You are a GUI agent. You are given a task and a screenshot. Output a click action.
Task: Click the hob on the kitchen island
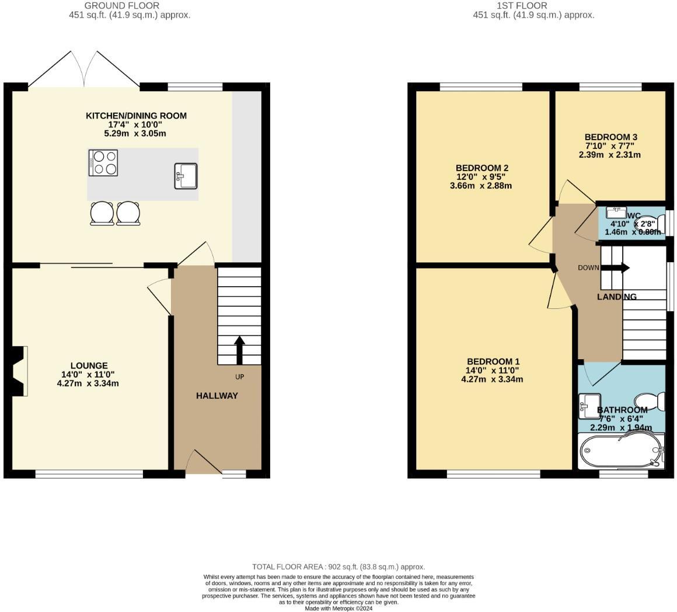[x=103, y=162]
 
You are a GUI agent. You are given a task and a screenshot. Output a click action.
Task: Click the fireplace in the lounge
[x=19, y=371]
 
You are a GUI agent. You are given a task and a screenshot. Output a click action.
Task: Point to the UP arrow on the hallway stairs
[x=239, y=350]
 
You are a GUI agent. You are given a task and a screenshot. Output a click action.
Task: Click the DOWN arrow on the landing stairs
[x=615, y=268]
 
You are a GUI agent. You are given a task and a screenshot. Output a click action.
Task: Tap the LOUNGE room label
[x=89, y=366]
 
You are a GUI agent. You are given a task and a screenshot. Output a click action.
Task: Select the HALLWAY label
[x=217, y=395]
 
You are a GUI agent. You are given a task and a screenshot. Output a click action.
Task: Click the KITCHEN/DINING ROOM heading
[x=136, y=116]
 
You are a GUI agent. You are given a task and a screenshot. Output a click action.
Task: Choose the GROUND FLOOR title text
[x=121, y=6]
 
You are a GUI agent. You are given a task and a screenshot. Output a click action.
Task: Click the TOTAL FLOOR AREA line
[x=338, y=566]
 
